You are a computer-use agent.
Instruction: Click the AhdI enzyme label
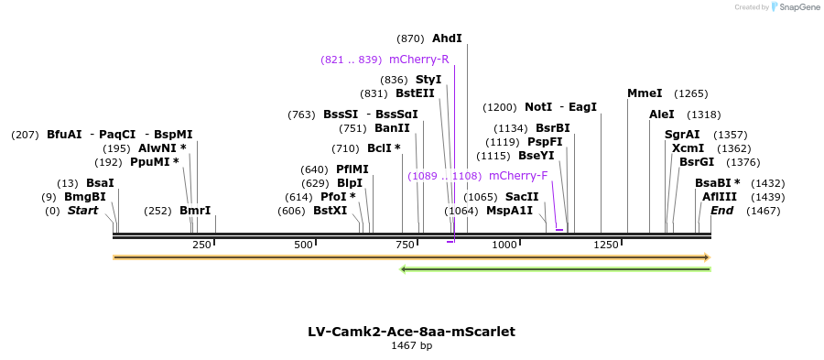447,38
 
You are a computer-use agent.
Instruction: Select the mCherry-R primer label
418,60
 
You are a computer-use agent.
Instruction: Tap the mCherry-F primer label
518,176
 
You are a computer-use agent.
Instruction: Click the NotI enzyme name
538,107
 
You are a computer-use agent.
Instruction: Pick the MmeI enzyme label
645,93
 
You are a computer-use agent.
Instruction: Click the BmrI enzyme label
195,211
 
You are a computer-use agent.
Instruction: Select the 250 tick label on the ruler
202,245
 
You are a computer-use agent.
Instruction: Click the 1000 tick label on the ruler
504,245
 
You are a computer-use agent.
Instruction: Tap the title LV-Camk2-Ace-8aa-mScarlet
411,332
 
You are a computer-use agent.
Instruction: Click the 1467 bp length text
411,346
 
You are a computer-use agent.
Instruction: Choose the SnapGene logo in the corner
794,7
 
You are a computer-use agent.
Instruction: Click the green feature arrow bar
556,268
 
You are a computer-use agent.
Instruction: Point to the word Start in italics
82,211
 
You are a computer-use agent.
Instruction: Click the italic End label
721,211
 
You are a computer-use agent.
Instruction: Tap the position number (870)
410,38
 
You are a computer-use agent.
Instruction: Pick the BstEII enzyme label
415,93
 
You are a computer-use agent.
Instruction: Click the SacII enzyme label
522,197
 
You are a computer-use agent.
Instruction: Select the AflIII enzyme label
720,197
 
